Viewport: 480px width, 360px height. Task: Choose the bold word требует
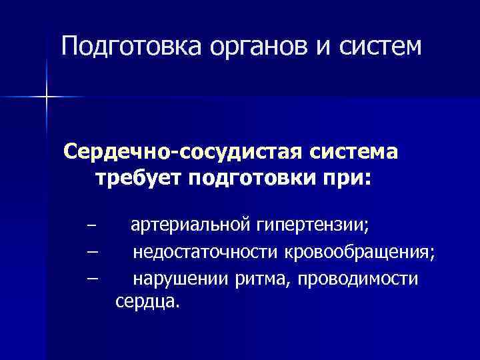[x=137, y=179]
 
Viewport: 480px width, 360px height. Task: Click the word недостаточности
[x=207, y=253]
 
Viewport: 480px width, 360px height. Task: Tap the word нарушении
[x=181, y=279]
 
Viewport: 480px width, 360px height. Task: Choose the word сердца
[x=147, y=303]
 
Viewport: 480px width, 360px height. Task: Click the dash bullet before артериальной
[x=91, y=225]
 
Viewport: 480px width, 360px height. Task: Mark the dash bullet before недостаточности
[x=91, y=252]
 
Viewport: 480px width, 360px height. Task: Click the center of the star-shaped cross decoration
[x=47, y=97]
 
